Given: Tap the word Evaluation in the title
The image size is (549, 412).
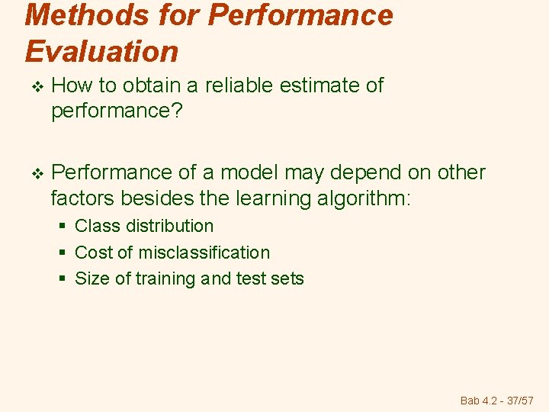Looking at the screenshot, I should point(101,51).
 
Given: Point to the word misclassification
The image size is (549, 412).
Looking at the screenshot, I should point(204,253).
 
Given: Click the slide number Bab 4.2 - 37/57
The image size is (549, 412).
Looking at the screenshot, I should point(497,400).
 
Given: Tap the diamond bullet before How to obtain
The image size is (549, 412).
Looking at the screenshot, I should point(30,86).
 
